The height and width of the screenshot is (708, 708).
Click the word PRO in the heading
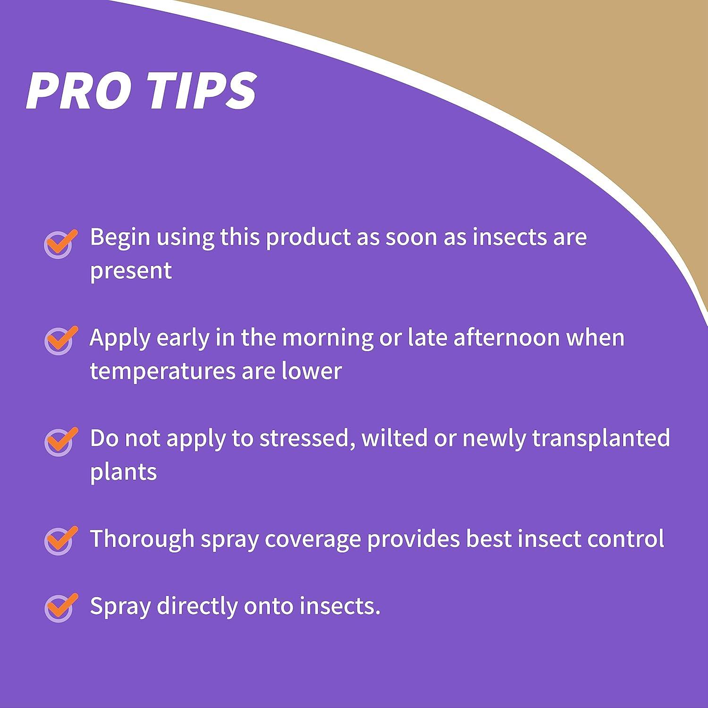(78, 91)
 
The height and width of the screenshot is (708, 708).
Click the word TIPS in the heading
(201, 91)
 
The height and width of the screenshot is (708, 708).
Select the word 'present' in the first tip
(131, 271)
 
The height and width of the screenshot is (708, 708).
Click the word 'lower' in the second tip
(312, 371)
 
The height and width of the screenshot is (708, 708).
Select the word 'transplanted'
(601, 438)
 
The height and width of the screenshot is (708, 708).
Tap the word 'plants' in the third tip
(123, 472)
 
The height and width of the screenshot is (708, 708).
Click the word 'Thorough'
(142, 539)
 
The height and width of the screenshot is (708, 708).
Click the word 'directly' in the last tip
(197, 607)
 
